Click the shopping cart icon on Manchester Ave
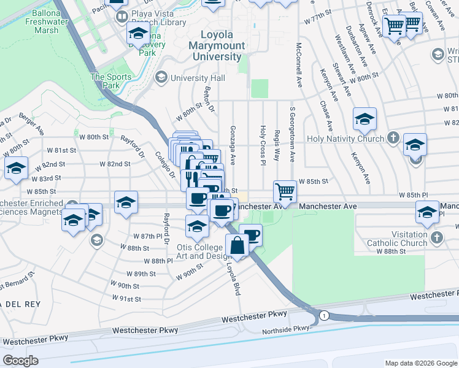(285, 191)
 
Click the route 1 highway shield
(324, 315)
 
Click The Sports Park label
(111, 81)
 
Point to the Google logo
(20, 361)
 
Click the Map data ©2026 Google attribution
(420, 363)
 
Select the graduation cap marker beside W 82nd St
(15, 168)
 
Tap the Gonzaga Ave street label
(233, 145)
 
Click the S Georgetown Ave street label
(292, 136)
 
